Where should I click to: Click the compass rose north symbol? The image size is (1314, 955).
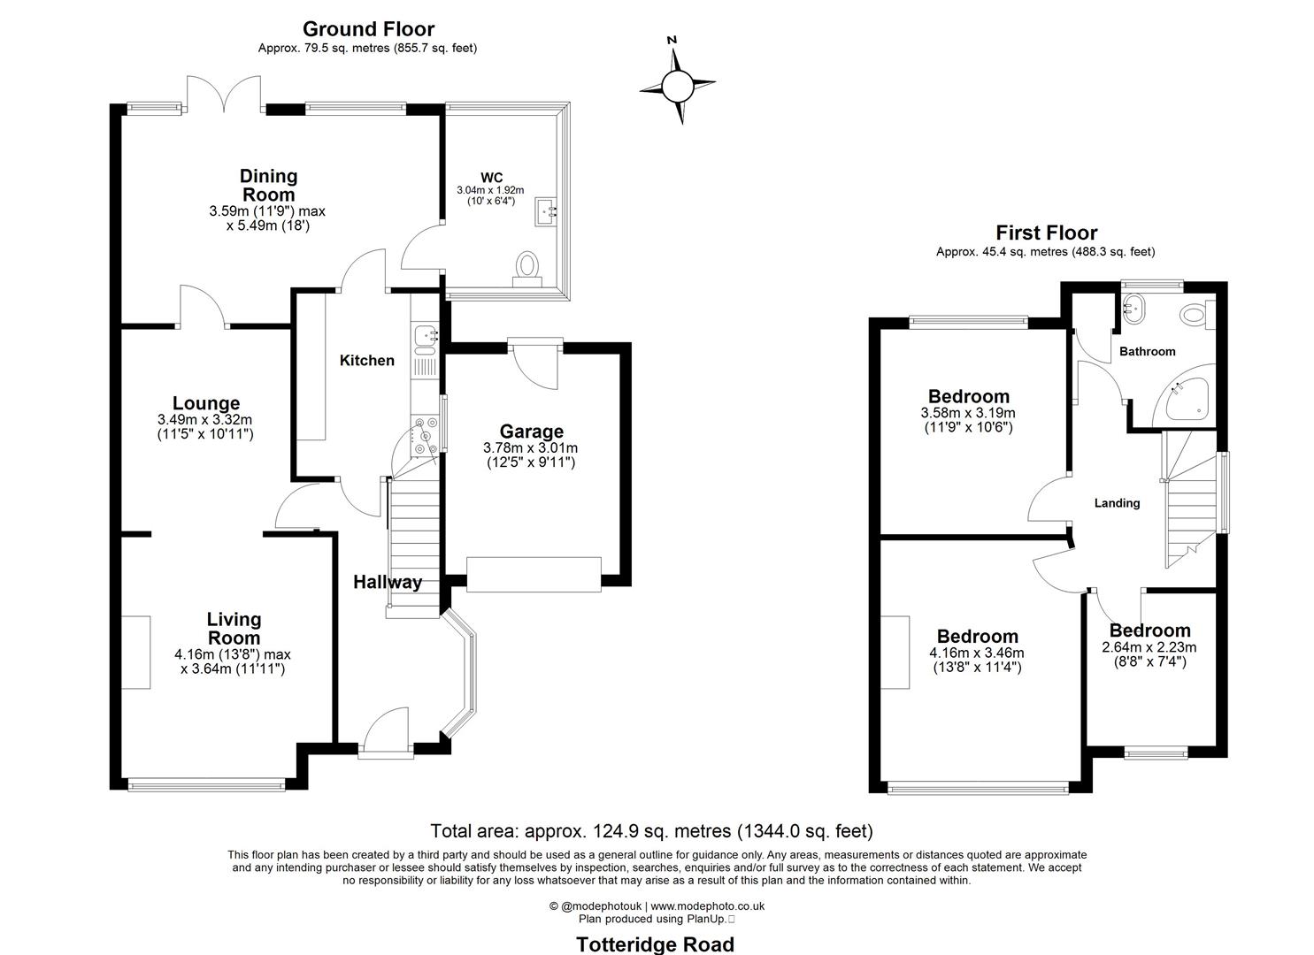(677, 85)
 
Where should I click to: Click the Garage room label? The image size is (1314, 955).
(531, 432)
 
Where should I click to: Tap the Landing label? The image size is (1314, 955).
(1117, 503)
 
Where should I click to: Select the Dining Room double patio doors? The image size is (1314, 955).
(224, 94)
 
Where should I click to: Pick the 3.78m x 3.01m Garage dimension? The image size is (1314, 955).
(531, 448)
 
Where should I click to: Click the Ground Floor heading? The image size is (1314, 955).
(368, 30)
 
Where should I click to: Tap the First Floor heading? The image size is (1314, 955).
(1046, 233)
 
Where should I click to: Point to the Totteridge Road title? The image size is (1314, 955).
(655, 944)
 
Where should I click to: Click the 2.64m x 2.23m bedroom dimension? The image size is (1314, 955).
(1149, 647)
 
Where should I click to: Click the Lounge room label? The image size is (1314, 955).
(206, 403)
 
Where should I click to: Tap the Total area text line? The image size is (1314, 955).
(651, 831)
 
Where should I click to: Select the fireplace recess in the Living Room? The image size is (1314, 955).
(136, 653)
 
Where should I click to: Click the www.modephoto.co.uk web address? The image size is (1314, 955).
(707, 905)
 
